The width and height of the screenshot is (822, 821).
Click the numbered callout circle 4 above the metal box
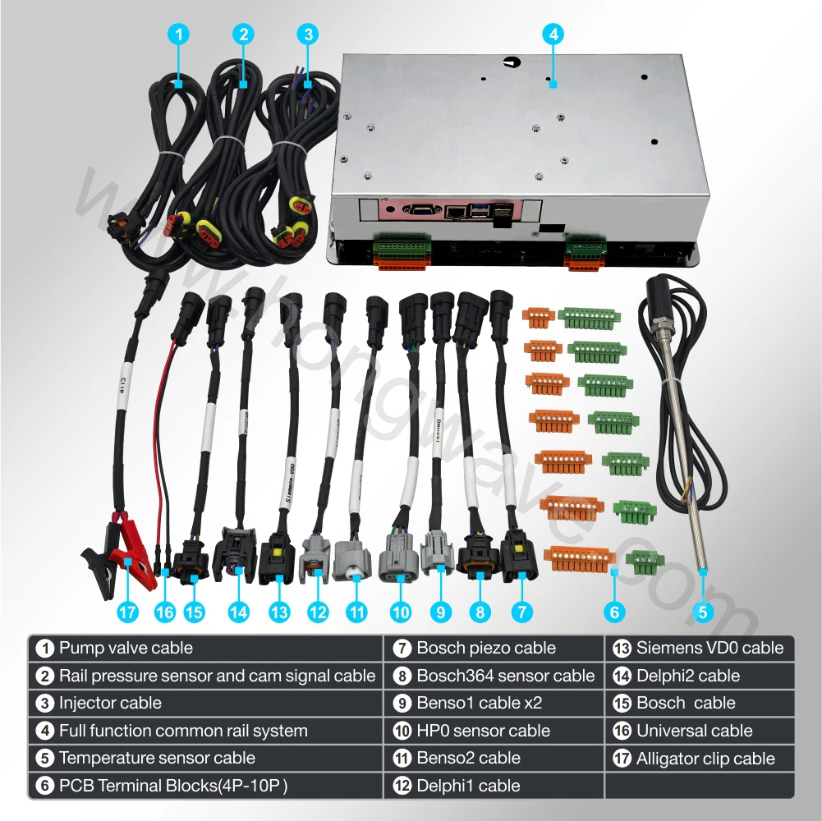click(553, 34)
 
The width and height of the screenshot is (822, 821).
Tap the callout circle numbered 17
click(127, 612)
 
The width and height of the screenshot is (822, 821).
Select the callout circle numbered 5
click(702, 612)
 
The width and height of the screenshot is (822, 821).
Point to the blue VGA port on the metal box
click(421, 209)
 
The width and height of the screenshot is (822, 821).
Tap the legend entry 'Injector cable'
click(110, 703)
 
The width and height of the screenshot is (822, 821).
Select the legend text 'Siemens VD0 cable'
click(709, 648)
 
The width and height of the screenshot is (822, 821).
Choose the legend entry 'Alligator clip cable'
click(705, 758)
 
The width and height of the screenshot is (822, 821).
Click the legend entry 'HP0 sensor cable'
click(483, 731)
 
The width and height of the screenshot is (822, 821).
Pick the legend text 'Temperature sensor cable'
click(157, 758)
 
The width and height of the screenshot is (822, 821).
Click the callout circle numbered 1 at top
click(179, 34)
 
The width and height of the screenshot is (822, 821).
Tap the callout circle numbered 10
click(401, 612)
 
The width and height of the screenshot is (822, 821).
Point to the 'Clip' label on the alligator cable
click(122, 385)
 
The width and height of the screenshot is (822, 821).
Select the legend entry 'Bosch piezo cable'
click(486, 648)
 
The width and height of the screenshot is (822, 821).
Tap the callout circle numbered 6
click(614, 612)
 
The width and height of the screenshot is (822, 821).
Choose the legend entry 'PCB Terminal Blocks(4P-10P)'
click(173, 786)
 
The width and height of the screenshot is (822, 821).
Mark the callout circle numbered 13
click(279, 612)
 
